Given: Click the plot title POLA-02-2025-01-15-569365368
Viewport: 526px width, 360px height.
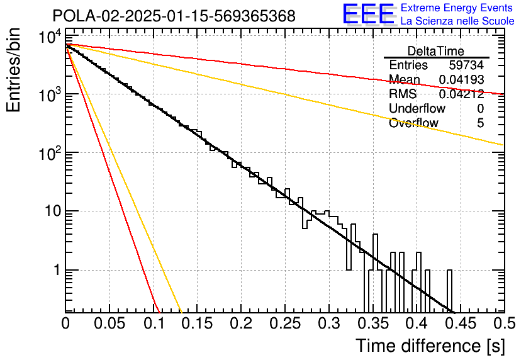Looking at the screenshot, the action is (x=174, y=16).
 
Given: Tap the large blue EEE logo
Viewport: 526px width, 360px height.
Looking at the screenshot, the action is (x=369, y=14).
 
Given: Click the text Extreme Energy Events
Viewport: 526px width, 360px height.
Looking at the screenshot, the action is (x=457, y=8).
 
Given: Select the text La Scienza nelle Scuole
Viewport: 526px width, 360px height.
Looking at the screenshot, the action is (x=457, y=21).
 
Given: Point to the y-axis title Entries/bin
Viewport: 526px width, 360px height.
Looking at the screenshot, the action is (x=13, y=70).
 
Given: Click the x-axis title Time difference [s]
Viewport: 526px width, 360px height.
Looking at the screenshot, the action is (x=430, y=346).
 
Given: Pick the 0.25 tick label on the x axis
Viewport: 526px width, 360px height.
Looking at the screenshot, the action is (x=285, y=323).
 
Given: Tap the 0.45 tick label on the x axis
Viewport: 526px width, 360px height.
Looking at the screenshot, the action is (x=461, y=323).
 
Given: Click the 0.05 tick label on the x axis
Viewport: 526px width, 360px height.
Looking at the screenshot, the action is (x=109, y=323).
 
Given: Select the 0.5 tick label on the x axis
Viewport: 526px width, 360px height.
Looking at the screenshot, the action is (x=505, y=323).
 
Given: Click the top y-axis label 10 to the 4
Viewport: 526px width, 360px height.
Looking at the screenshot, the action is (x=50, y=37).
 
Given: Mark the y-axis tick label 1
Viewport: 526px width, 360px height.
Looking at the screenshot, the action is (x=57, y=270).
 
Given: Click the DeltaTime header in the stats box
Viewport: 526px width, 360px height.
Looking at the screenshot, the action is (x=436, y=51).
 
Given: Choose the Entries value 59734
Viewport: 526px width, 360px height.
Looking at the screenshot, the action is (x=467, y=65).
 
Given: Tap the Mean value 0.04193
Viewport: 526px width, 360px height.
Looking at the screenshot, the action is (x=462, y=79).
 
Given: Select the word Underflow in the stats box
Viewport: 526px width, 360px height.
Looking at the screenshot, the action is (x=417, y=108).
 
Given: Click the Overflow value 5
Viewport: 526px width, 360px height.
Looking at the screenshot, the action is (x=480, y=123).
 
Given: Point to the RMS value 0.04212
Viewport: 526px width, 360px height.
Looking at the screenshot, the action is (x=462, y=94).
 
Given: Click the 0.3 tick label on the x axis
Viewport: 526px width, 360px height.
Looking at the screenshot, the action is (x=328, y=323).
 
